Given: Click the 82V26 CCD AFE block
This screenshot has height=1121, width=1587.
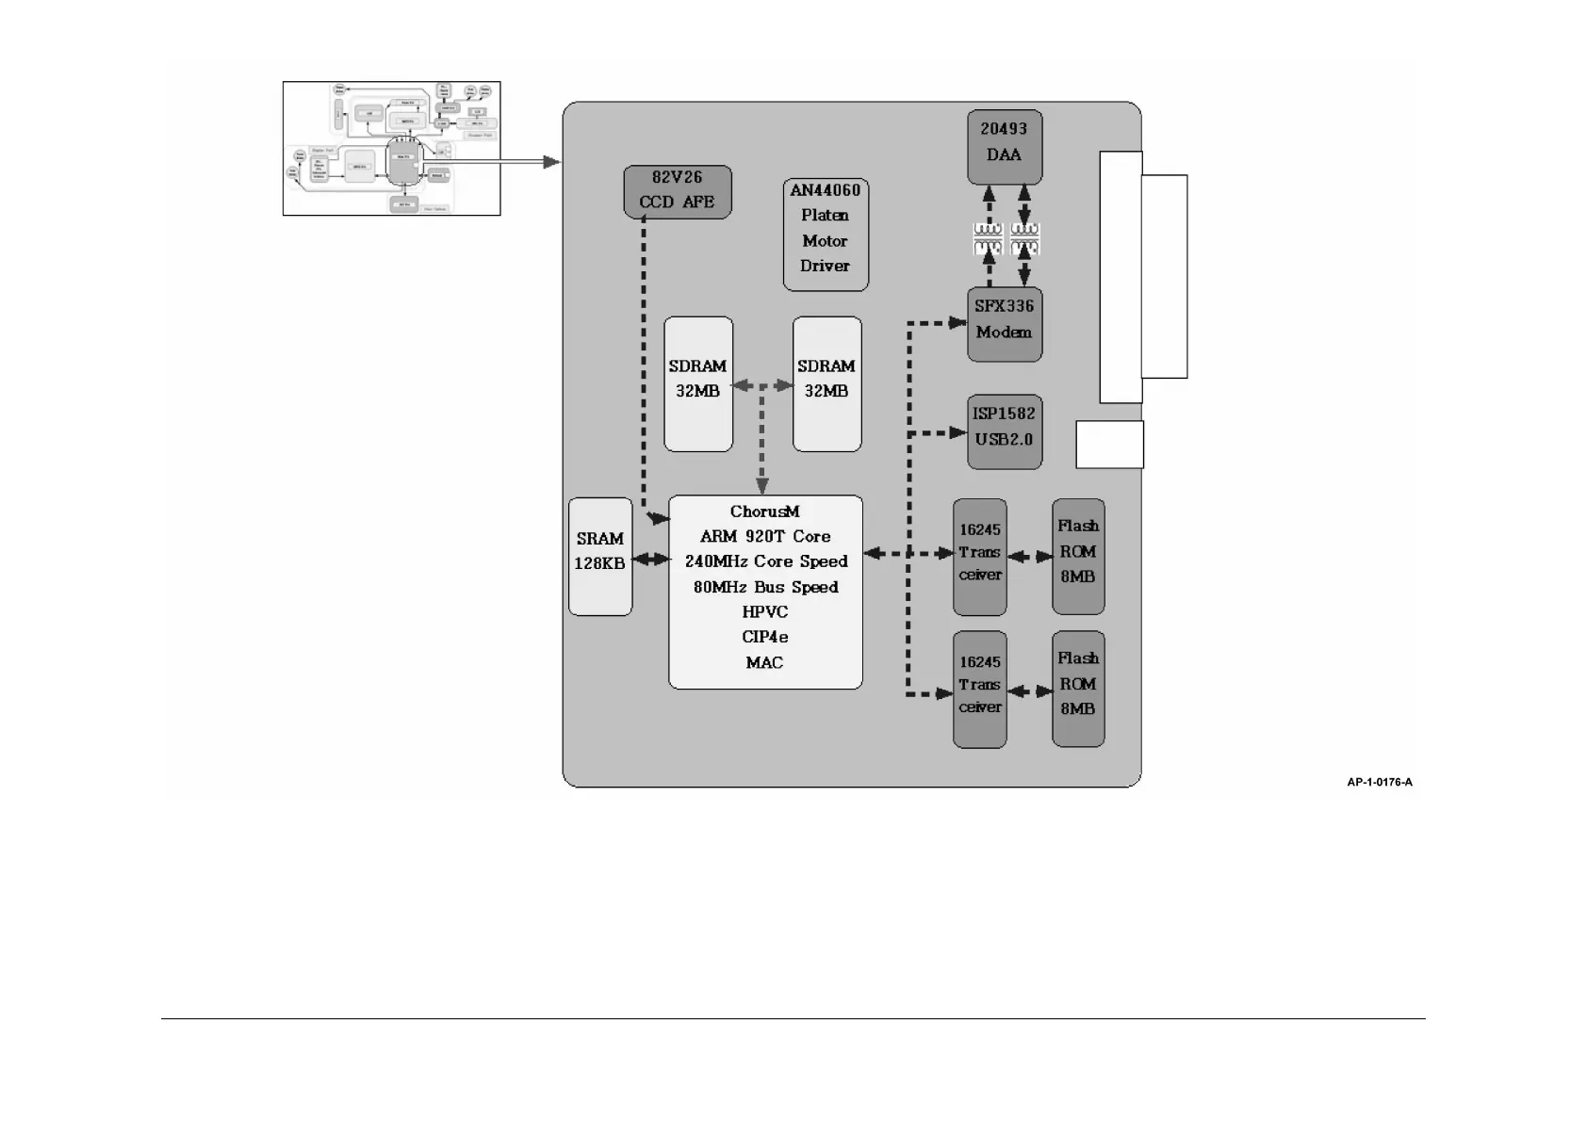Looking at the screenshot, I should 677,191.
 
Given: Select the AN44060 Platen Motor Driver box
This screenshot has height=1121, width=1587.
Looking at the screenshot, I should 825,236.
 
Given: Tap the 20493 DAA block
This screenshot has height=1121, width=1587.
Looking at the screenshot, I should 1004,147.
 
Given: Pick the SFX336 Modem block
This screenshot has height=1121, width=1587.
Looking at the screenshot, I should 1004,324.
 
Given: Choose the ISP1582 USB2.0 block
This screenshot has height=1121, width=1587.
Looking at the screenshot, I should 1004,431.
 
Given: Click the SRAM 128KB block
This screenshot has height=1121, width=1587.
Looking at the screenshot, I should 600,556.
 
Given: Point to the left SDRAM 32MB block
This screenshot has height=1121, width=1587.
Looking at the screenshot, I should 697,383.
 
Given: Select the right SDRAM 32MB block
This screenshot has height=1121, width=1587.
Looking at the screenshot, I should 826,383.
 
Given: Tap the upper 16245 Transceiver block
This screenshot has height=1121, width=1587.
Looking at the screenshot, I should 979,557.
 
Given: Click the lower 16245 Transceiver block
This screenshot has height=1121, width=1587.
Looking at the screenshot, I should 979,689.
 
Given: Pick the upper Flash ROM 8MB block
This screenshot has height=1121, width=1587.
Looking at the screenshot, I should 1077,556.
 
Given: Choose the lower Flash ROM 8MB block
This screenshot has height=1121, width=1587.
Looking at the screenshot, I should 1077,688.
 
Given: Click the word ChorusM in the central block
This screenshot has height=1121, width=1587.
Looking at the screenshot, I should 764,512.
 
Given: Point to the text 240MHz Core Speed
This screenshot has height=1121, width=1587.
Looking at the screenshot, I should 765,561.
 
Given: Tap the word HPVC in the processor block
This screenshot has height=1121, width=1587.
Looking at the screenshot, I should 764,612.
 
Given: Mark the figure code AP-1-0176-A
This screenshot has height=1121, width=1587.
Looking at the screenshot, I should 1379,782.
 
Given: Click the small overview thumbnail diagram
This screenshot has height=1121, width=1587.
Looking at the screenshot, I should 391,148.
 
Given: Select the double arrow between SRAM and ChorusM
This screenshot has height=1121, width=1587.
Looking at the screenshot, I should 650,560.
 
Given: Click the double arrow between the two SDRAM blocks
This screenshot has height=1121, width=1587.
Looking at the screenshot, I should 762,385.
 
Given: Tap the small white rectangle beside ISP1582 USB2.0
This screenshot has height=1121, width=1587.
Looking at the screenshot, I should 1109,445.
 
